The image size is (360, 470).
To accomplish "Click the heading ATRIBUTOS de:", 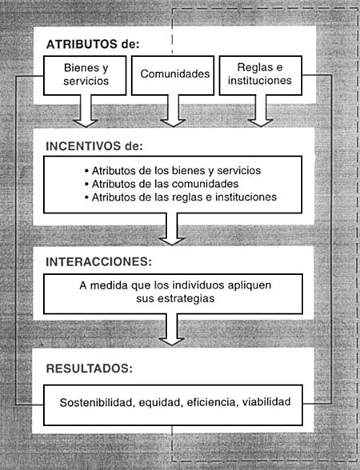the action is tap(93, 45).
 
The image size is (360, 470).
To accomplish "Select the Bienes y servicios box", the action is tap(85, 75).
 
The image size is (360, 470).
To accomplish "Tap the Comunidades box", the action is tap(173, 75).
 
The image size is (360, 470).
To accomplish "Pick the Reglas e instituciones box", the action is tap(261, 75).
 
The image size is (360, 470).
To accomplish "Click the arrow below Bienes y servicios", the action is tap(86, 111).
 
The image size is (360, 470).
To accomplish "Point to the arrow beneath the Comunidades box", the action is tap(173, 111).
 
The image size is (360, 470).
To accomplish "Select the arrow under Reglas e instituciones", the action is tap(261, 111).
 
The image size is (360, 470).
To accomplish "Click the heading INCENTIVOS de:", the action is tap(94, 146).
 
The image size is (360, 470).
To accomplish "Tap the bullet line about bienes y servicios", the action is tap(173, 170).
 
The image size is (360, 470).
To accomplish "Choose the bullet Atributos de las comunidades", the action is tap(162, 184).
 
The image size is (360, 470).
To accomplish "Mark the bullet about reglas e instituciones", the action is tap(181, 197).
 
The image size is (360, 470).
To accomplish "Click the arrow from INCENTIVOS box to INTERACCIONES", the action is tap(171, 229).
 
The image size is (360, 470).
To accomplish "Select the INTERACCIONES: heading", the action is tap(98, 261).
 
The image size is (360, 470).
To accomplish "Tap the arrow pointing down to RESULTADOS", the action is tap(171, 329).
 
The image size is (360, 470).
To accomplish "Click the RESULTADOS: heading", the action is tap(90, 368).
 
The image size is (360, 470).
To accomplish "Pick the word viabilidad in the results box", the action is tap(266, 401).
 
